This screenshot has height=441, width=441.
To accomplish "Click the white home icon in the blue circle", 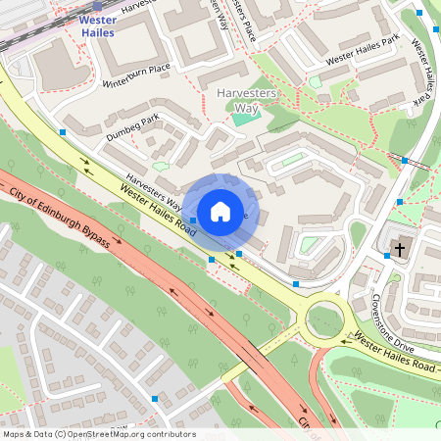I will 220,211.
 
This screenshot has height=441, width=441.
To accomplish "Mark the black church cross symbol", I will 399,249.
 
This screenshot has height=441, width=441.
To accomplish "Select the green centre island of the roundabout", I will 324,318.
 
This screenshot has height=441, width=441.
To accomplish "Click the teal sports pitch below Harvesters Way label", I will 242,120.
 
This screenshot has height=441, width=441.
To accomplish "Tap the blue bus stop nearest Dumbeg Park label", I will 63,130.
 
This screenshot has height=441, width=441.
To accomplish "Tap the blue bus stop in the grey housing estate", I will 155,398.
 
